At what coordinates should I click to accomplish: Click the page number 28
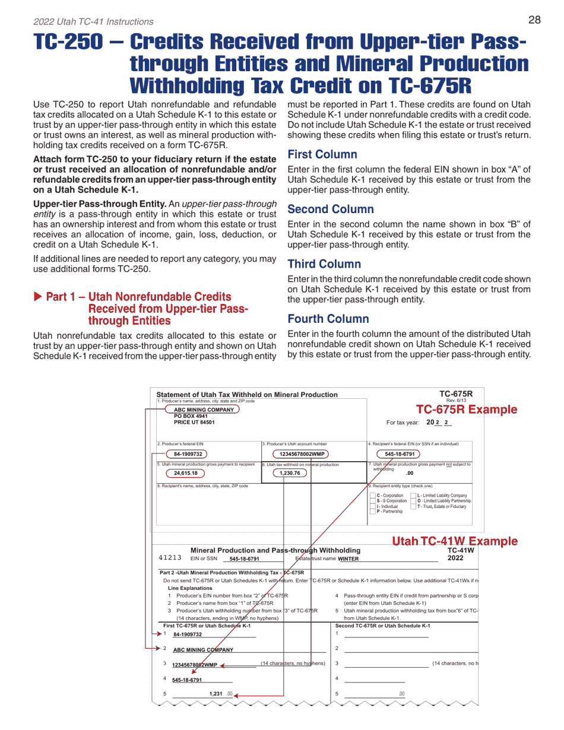534,20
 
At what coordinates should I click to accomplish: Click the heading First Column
322,155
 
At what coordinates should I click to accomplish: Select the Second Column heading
331,210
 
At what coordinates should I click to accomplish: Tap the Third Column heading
324,264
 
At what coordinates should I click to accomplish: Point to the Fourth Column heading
328,319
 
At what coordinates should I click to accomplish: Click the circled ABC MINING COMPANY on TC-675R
204,410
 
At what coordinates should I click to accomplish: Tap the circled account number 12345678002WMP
303,454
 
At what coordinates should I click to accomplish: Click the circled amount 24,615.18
185,473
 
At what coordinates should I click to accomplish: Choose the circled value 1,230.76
290,473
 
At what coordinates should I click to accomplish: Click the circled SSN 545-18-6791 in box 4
400,454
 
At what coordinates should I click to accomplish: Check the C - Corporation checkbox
373,496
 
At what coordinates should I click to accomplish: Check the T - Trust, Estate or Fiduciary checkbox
414,506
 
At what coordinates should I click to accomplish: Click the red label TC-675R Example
466,410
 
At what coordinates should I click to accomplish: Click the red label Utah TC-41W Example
454,541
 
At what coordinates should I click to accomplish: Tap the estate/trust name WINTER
348,558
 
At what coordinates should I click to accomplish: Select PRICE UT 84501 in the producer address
194,423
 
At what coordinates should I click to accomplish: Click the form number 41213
170,558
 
